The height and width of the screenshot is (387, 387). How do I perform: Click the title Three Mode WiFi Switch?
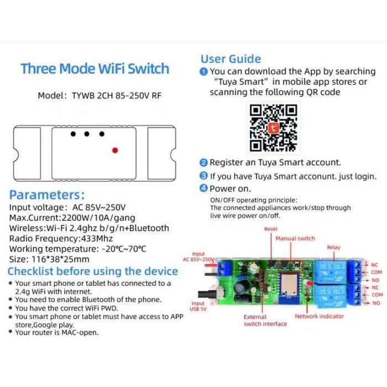(x=95, y=69)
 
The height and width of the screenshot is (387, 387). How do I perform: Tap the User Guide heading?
(x=231, y=59)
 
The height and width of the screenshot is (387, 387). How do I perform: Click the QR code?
(x=274, y=127)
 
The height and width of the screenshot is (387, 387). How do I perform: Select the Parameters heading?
(x=47, y=195)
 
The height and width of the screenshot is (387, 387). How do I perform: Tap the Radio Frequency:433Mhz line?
(x=61, y=238)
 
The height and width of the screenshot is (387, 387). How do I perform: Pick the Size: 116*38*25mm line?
(x=49, y=259)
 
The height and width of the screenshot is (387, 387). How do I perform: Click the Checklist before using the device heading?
(x=92, y=271)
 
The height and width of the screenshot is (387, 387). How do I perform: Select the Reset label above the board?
(x=270, y=229)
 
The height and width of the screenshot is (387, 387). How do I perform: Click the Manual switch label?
(x=295, y=238)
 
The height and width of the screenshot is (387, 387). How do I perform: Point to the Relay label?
(x=333, y=248)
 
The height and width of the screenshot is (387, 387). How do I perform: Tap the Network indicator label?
(x=319, y=316)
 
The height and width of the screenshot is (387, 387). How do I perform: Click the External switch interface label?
(x=265, y=321)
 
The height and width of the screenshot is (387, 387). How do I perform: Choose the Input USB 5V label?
(x=198, y=307)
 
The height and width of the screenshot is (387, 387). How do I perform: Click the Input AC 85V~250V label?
(x=198, y=257)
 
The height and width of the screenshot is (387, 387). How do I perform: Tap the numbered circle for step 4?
(x=203, y=189)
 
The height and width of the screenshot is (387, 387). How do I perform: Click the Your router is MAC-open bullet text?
(x=57, y=332)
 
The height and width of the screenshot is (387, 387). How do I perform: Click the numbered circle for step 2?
(x=203, y=163)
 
